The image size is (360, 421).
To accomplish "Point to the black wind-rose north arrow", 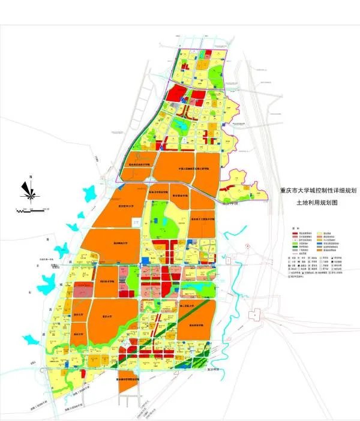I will (29, 190).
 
